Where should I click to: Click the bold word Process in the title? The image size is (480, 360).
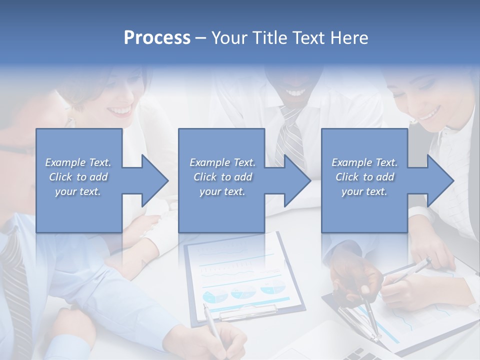157,38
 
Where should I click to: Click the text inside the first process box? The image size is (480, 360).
78,177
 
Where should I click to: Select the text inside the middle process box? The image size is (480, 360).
222,177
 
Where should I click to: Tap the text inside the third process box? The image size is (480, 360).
364,177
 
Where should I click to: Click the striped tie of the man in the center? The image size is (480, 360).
291,135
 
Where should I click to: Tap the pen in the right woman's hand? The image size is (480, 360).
410,270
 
